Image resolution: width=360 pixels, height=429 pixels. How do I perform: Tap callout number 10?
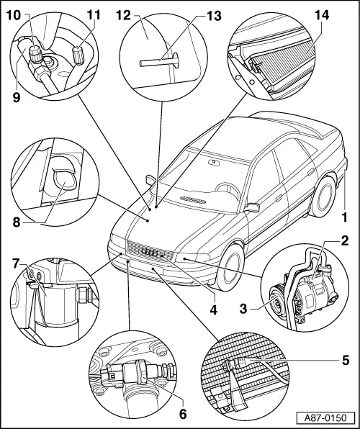14,14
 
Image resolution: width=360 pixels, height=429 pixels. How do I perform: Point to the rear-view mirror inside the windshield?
214,163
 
